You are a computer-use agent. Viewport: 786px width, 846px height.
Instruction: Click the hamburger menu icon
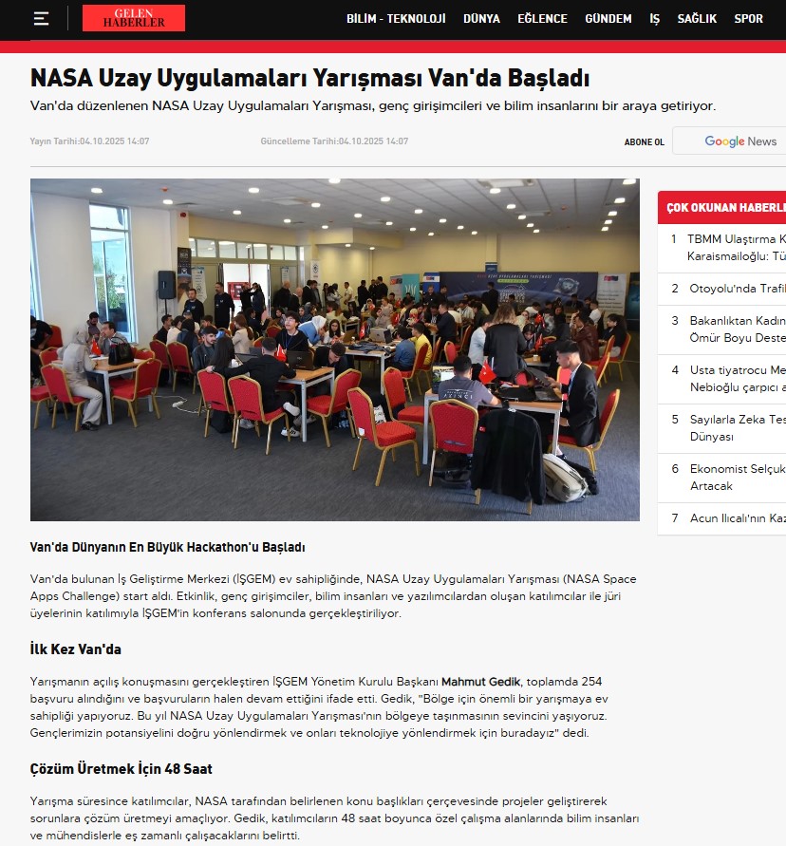pos(41,19)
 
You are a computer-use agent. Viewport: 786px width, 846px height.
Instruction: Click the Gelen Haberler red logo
pos(133,18)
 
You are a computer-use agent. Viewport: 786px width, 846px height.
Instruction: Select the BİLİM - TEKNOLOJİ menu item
pos(396,19)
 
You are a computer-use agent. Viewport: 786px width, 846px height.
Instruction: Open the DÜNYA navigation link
pos(481,19)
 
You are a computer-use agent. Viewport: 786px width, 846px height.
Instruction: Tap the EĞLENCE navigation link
pos(542,19)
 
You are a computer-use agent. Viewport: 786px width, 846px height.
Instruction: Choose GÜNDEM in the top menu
pos(608,19)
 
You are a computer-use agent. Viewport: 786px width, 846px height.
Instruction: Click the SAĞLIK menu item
pos(697,19)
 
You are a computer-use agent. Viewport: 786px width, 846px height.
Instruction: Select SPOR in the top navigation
pos(748,19)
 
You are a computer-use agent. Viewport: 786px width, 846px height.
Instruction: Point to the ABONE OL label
pos(644,142)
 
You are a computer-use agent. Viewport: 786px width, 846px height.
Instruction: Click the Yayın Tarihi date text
pos(89,141)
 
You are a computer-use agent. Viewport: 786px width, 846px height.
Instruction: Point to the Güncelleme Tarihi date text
pos(334,141)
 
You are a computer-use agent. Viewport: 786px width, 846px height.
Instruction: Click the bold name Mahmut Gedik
pos(482,682)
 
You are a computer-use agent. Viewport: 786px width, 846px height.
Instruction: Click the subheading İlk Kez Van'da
pos(76,649)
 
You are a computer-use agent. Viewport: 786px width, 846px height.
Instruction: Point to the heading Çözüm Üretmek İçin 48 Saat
pos(121,768)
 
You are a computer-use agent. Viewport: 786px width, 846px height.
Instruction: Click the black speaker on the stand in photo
pos(166,284)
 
